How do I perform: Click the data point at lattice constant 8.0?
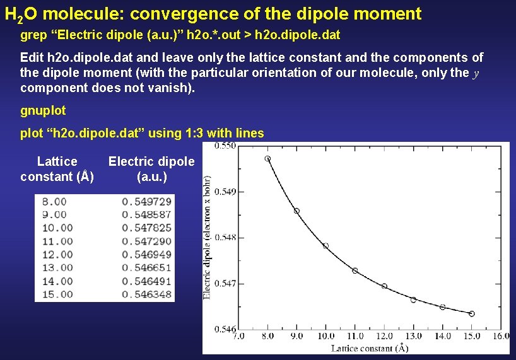pos(267,159)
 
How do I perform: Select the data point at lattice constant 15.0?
pos(472,313)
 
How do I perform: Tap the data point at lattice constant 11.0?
pos(355,270)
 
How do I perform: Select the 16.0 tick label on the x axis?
pos(500,336)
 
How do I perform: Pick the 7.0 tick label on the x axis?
pos(238,336)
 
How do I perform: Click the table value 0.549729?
pos(146,202)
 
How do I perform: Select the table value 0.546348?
pos(146,294)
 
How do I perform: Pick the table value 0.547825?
pos(146,228)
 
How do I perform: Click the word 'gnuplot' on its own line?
pos(43,110)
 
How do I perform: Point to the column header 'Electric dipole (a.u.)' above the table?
pos(151,169)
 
